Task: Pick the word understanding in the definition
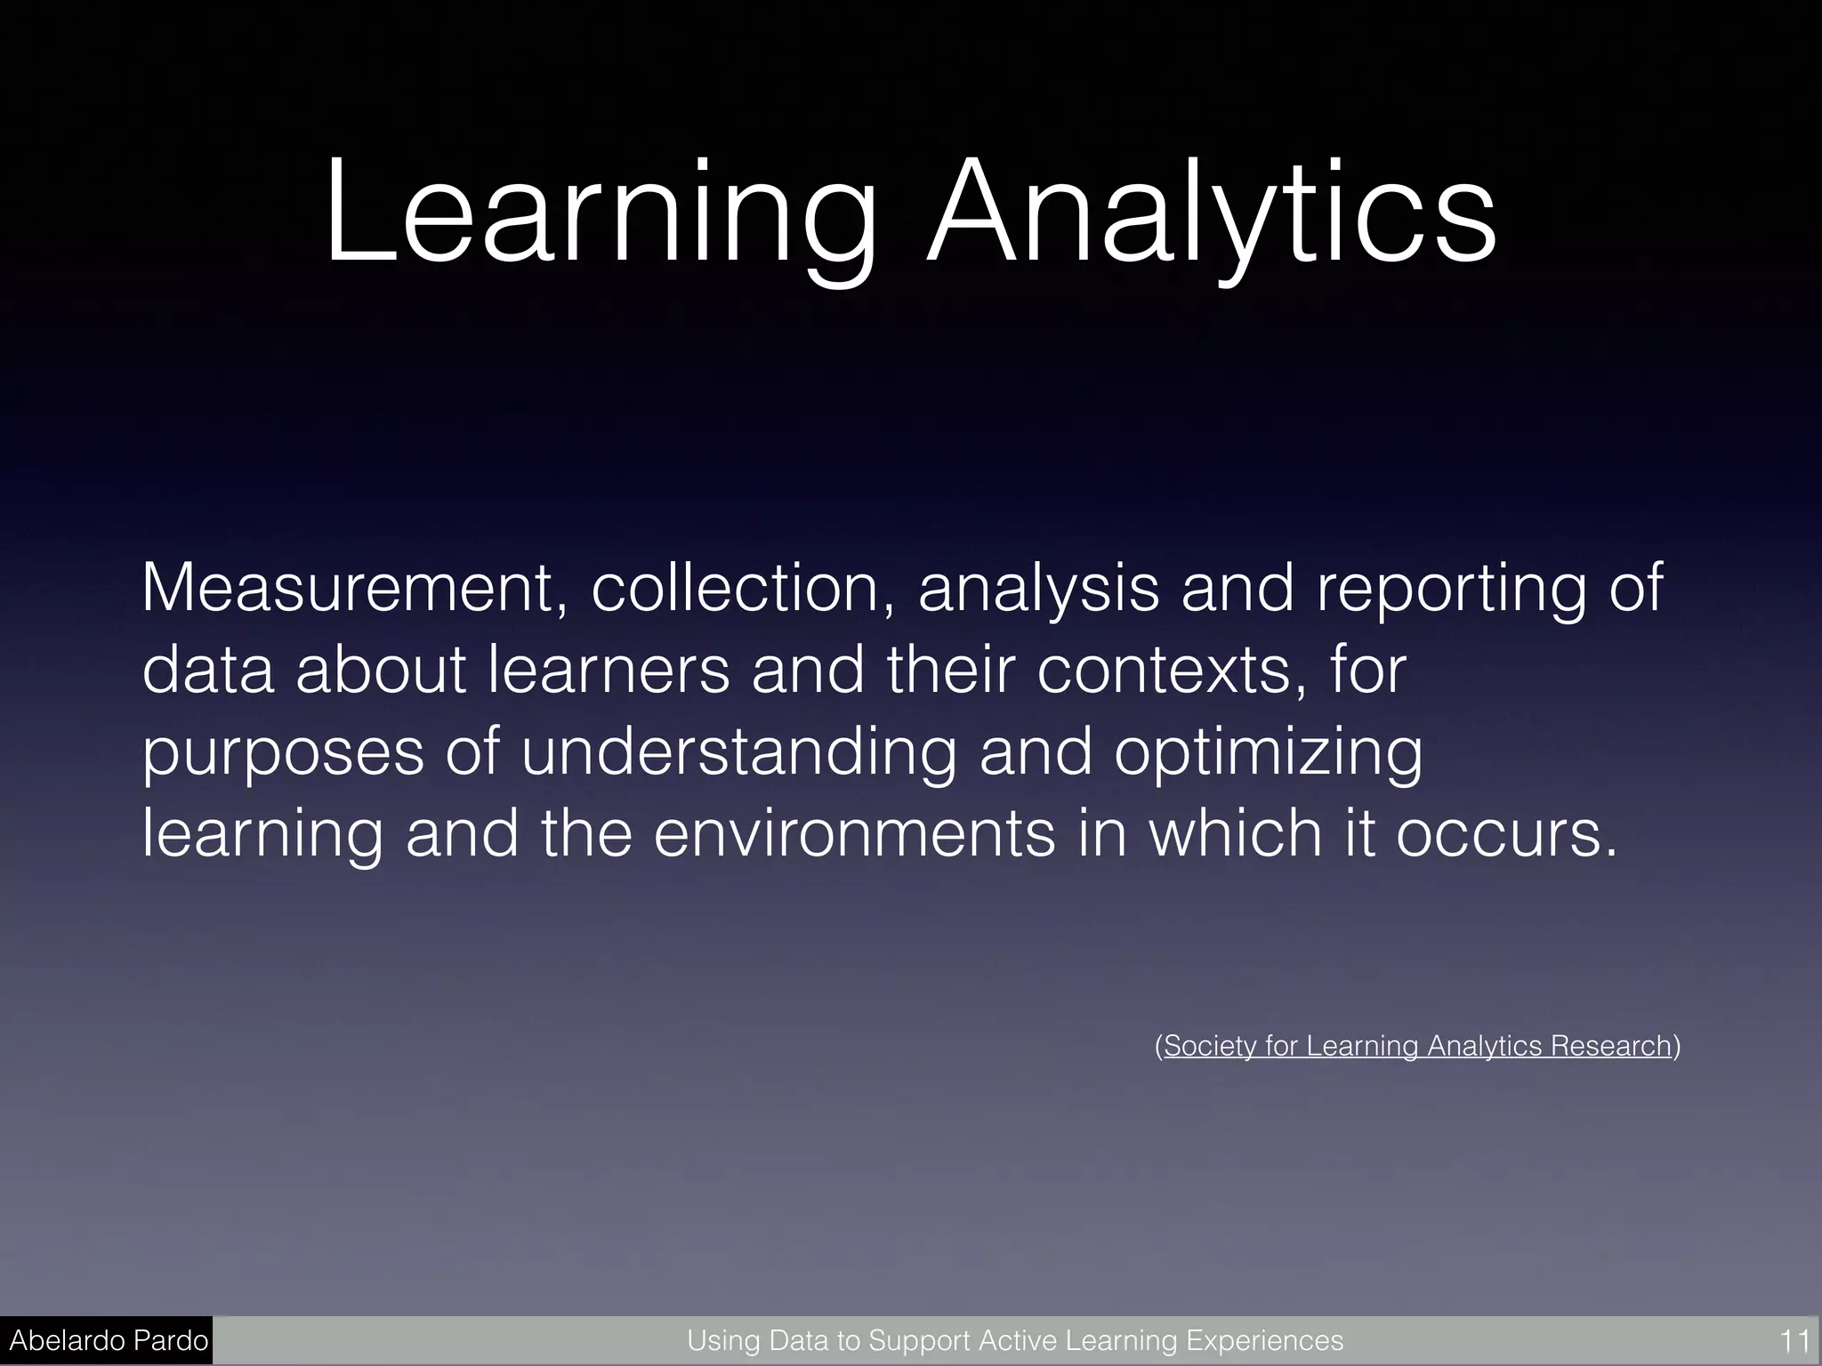[738, 753]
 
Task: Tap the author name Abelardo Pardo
[109, 1340]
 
